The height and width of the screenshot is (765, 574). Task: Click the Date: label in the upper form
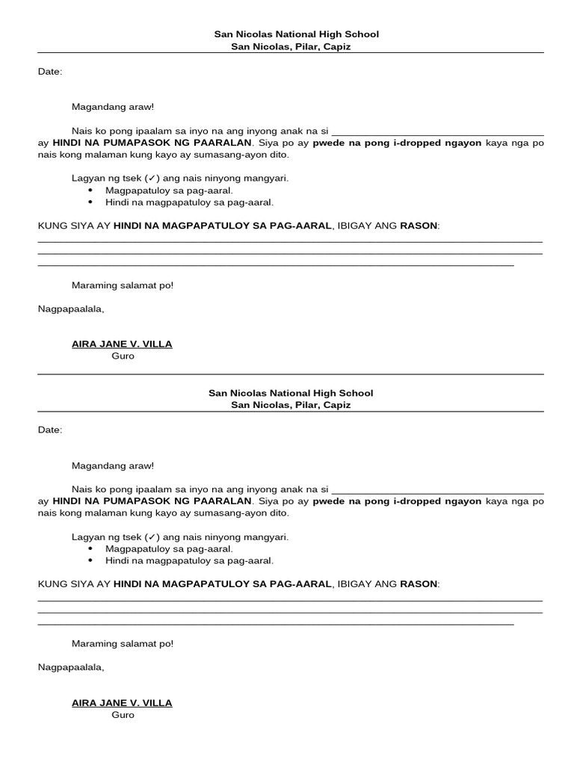click(50, 72)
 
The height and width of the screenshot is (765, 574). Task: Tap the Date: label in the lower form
click(50, 430)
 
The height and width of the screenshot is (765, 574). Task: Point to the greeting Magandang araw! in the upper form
click(112, 108)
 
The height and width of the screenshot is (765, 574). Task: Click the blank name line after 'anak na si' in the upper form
click(437, 131)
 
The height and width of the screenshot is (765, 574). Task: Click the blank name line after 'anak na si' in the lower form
click(437, 490)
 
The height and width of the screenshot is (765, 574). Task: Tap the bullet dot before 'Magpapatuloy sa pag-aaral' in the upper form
click(90, 191)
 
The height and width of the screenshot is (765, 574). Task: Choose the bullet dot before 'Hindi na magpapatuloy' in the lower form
click(90, 560)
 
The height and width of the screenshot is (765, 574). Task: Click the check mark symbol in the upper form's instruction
click(152, 179)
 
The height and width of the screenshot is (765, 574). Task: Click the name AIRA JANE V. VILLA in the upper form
click(122, 344)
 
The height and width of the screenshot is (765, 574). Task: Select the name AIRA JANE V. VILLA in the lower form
click(122, 703)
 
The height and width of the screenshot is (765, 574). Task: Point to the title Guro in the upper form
click(123, 356)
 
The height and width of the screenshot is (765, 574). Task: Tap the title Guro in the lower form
click(123, 715)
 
